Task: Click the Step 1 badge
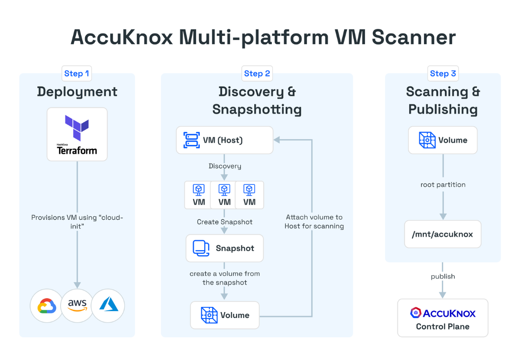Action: (77, 74)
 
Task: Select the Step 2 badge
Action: (257, 74)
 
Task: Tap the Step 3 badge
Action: (443, 74)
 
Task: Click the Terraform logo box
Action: (77, 135)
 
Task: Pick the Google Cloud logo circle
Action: (47, 306)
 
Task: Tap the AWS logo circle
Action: (77, 306)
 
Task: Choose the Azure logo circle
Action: (108, 306)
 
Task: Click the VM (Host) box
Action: (224, 140)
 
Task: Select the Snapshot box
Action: (224, 248)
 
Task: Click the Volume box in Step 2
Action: (224, 315)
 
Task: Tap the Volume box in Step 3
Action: (443, 140)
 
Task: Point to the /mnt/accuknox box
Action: (443, 234)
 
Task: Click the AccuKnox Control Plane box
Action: (443, 318)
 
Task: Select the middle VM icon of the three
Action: (224, 195)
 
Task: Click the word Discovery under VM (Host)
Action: (225, 166)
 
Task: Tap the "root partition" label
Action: (443, 185)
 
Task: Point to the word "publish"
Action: (443, 277)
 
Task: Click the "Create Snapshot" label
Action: (224, 222)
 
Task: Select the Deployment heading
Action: (77, 92)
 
